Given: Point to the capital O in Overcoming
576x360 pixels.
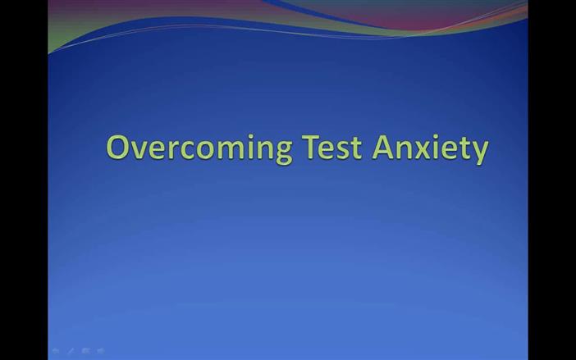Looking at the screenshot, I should pos(119,148).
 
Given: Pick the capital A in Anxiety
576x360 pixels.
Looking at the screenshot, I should pos(383,148).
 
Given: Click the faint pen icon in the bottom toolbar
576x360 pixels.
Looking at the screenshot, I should pos(71,351).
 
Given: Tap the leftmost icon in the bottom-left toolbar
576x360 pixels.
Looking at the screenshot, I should pos(56,351).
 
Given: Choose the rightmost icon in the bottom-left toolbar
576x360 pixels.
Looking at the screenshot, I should pos(100,351).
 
